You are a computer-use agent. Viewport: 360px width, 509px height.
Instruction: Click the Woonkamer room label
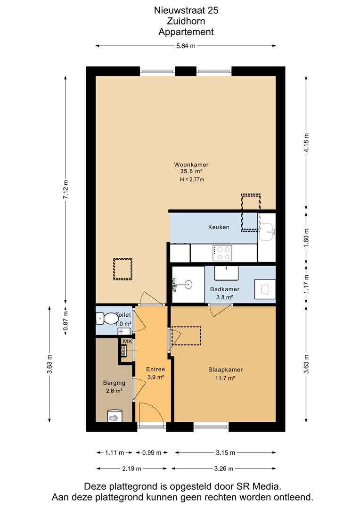coord(191,164)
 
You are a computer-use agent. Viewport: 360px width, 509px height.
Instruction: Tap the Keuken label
coord(219,227)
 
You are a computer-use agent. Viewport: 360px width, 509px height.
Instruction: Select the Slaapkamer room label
coord(225,369)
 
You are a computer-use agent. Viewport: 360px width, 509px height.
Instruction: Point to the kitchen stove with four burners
coord(222,253)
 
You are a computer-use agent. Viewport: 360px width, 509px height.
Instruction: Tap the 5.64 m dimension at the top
coord(186,46)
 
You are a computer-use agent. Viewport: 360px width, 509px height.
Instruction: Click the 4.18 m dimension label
coord(306,142)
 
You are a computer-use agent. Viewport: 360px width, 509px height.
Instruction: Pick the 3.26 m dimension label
coord(224,468)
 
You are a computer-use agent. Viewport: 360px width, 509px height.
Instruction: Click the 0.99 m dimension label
coord(152,452)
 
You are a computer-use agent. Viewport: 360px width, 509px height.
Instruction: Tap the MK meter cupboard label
coord(127,342)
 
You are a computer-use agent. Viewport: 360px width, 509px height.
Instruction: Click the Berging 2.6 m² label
coord(114,387)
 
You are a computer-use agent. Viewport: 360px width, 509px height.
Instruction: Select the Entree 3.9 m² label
coord(155,373)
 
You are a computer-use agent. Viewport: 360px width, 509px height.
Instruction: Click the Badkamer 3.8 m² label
coord(225,293)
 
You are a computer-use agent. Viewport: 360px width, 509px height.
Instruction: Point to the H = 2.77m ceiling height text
coord(192,179)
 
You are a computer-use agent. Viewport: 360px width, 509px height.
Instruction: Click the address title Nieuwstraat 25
coord(186,10)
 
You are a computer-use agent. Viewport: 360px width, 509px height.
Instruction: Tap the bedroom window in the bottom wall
coord(211,427)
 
